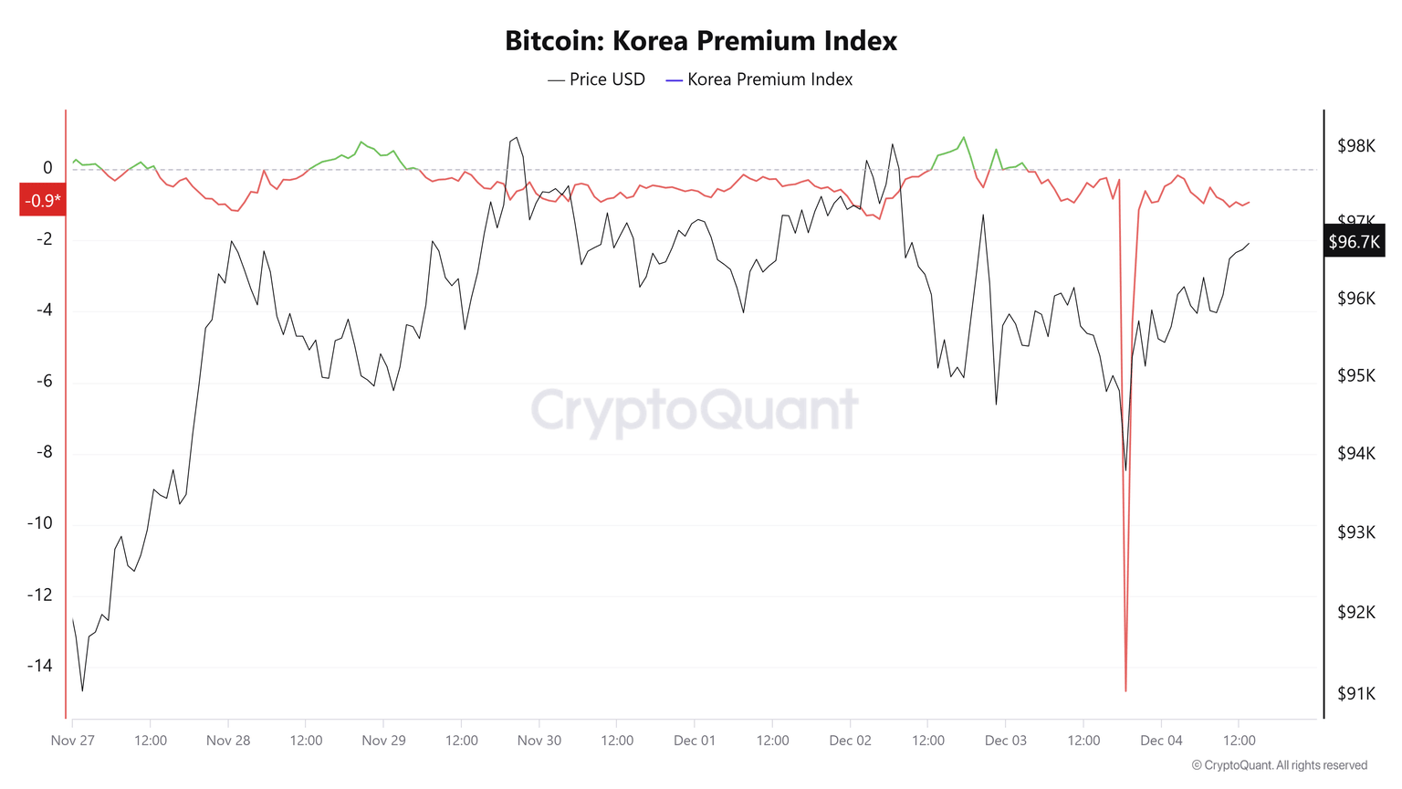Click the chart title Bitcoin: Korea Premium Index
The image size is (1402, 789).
pyautogui.click(x=700, y=41)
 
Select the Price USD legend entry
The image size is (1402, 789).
pyautogui.click(x=597, y=79)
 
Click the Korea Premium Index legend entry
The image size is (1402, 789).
pyautogui.click(x=759, y=79)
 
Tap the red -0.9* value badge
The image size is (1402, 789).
pyautogui.click(x=43, y=201)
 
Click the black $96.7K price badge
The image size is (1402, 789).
pyautogui.click(x=1354, y=242)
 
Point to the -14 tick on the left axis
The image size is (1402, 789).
pyautogui.click(x=40, y=666)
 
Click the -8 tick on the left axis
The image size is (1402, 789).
pyautogui.click(x=44, y=452)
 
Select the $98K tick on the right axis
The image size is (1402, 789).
pyautogui.click(x=1355, y=146)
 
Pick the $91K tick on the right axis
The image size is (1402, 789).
pyautogui.click(x=1355, y=694)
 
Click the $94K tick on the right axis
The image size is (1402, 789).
pyautogui.click(x=1355, y=454)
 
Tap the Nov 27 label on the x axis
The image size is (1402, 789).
pyautogui.click(x=73, y=741)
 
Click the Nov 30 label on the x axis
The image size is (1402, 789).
pyautogui.click(x=539, y=741)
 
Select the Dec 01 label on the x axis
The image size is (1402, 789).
pyautogui.click(x=695, y=741)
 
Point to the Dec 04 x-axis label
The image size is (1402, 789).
pyautogui.click(x=1161, y=741)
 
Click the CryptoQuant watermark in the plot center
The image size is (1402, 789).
pyautogui.click(x=695, y=409)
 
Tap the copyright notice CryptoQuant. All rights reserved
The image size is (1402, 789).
pyautogui.click(x=1280, y=765)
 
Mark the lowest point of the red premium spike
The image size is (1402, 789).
pyautogui.click(x=1125, y=690)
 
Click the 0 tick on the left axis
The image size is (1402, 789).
pyautogui.click(x=47, y=168)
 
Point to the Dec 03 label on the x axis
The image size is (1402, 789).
pyautogui.click(x=1006, y=741)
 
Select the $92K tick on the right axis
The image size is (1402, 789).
pyautogui.click(x=1355, y=612)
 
